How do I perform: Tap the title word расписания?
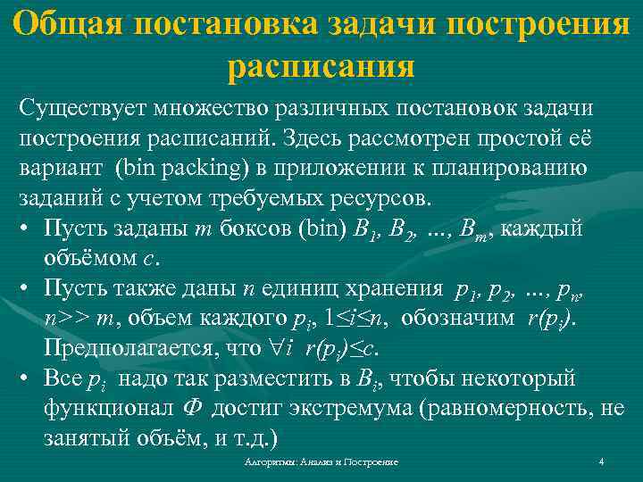click(321, 67)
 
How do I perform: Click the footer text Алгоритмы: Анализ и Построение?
click(321, 461)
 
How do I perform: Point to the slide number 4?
click(601, 461)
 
